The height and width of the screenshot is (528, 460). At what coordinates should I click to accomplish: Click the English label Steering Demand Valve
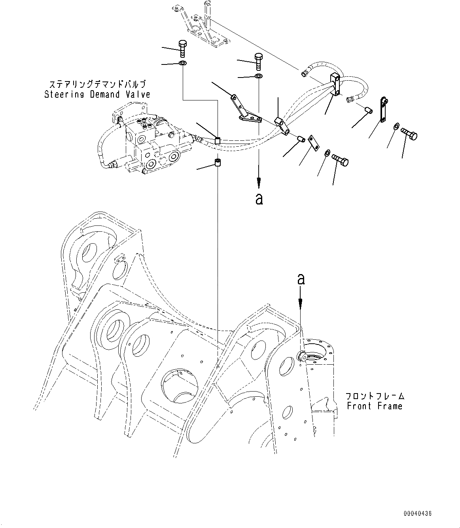tap(97, 95)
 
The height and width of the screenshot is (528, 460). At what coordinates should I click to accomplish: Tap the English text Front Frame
tap(374, 406)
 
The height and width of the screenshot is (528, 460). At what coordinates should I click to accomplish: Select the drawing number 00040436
tap(417, 514)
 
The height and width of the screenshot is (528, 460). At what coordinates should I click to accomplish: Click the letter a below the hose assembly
tap(259, 199)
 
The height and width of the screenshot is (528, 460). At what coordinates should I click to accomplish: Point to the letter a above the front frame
tap(301, 280)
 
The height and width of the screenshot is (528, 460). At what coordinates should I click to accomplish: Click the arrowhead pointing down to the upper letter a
tap(259, 183)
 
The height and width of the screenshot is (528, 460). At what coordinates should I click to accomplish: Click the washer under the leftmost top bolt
tap(182, 64)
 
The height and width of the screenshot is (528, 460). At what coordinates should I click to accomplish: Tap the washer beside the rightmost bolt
tap(396, 126)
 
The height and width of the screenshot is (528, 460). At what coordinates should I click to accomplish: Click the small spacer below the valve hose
tap(217, 163)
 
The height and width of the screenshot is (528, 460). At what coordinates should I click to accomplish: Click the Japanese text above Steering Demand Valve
tap(97, 84)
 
